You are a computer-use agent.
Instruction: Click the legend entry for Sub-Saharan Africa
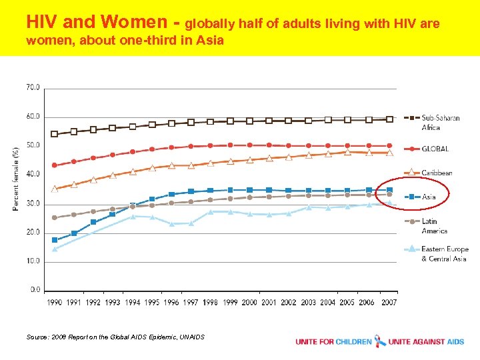pos(440,123)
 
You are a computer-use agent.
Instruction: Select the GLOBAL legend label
pos(435,149)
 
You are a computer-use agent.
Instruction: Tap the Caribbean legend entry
pos(437,173)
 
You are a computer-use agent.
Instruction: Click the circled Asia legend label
pos(428,197)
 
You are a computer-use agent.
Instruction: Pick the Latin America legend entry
pos(434,226)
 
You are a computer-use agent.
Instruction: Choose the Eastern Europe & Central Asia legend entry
pos(444,253)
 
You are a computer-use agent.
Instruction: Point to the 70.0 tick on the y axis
pos(32,87)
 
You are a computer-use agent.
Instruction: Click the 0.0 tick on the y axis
pos(33,290)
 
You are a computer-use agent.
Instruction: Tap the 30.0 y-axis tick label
pos(32,203)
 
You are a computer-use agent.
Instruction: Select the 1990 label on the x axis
pos(55,302)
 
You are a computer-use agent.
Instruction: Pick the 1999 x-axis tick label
pos(230,302)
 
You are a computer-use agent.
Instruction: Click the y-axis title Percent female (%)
pos(15,179)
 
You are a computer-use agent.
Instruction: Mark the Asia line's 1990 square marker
pos(55,240)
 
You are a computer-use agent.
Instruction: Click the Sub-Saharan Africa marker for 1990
pos(55,134)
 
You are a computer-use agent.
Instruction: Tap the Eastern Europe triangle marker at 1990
pos(55,249)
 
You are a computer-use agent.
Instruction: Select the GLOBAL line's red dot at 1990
pos(55,165)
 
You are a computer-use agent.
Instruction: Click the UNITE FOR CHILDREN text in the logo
pos(334,342)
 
